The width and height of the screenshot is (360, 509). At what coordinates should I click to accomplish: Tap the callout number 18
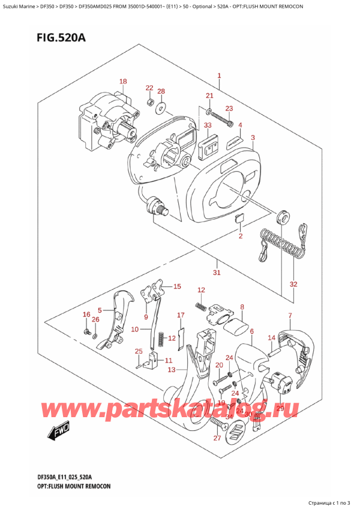pyautogui.click(x=123, y=82)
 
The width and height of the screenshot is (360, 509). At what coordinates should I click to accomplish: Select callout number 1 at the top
pyautogui.click(x=219, y=76)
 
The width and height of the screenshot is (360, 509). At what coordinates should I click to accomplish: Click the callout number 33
pyautogui.click(x=208, y=125)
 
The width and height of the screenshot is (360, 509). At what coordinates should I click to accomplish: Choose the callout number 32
pyautogui.click(x=293, y=284)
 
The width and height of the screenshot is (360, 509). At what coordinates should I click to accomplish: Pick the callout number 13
pyautogui.click(x=172, y=370)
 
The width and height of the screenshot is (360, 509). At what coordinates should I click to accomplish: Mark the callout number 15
pyautogui.click(x=176, y=286)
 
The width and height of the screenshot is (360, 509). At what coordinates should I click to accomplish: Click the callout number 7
pyautogui.click(x=290, y=316)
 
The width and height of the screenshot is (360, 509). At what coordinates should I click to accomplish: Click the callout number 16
pyautogui.click(x=86, y=315)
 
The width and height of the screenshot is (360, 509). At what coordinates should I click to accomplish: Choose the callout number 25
pyautogui.click(x=139, y=351)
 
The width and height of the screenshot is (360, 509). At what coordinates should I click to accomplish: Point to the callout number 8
pyautogui.click(x=242, y=307)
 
